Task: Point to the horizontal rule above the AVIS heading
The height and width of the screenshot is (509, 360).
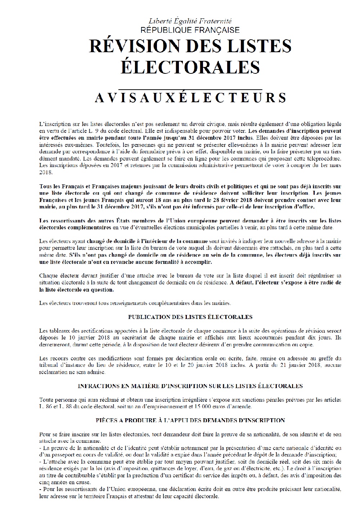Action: (x=190, y=89)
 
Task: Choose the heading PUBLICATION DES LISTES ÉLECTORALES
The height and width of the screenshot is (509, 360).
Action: (x=190, y=317)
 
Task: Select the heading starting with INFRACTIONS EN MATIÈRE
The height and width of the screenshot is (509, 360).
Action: (x=190, y=386)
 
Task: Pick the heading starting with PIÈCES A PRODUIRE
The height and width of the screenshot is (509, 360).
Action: (x=190, y=420)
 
